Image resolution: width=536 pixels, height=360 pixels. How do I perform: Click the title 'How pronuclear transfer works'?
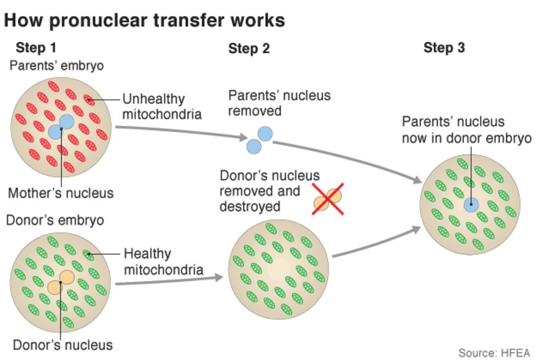[144, 20]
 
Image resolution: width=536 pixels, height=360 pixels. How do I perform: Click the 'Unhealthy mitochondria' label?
[161, 107]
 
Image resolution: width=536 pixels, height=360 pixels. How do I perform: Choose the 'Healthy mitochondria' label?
[163, 262]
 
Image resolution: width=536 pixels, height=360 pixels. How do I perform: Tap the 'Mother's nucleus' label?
[60, 193]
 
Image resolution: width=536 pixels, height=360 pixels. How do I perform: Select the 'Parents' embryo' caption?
[57, 66]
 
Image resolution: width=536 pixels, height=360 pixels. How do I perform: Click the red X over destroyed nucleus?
[328, 199]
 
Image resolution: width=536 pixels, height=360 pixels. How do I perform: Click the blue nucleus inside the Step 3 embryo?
[471, 205]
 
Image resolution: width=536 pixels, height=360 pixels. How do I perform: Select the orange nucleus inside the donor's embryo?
[60, 282]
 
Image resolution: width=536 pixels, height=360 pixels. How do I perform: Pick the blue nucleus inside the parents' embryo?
[60, 127]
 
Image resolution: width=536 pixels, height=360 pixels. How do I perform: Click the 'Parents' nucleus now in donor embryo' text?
[466, 130]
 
